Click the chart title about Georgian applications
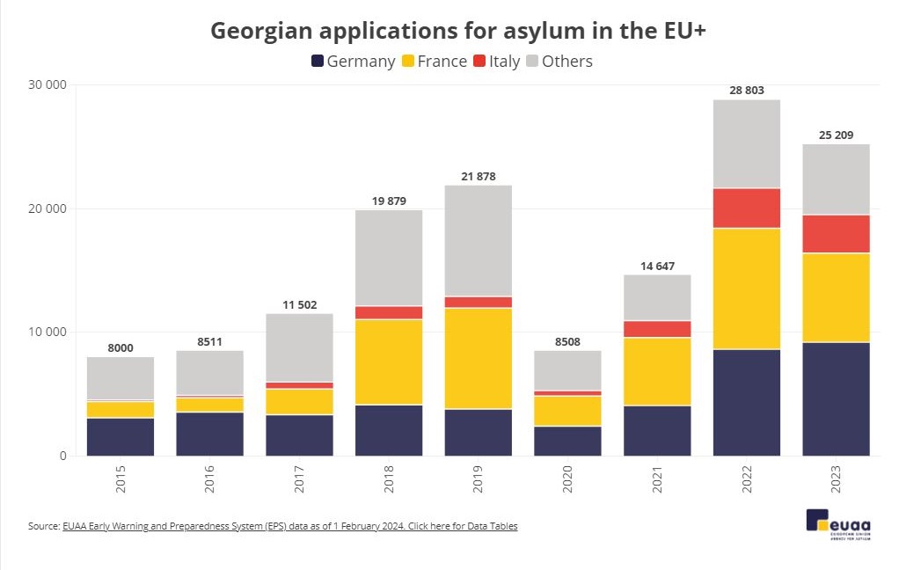[459, 31]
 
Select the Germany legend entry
[353, 62]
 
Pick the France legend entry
[434, 62]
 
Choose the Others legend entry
[559, 62]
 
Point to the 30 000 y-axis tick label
[44, 85]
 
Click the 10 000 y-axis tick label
[44, 332]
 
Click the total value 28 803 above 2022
[747, 91]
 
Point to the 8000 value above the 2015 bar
[121, 348]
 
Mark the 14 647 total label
[657, 266]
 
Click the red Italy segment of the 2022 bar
[747, 208]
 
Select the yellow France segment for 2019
[479, 358]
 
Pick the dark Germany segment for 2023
[837, 398]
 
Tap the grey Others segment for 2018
[389, 258]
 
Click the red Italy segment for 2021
[657, 329]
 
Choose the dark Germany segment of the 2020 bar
[568, 441]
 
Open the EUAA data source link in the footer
[289, 526]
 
